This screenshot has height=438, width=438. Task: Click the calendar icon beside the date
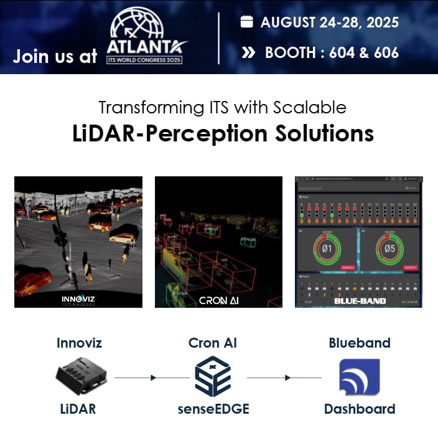point(247,22)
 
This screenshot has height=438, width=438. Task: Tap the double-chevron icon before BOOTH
point(248,52)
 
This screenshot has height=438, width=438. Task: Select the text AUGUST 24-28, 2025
point(330,22)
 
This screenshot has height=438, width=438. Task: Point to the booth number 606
point(385,52)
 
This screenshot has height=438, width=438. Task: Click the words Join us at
point(55,56)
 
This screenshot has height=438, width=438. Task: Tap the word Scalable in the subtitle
point(309,107)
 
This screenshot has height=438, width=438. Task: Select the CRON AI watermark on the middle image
point(220,300)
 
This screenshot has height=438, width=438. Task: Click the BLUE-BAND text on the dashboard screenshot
point(360,301)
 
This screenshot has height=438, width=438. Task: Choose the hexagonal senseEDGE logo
point(213,376)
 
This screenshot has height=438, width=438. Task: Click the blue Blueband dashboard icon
point(359,377)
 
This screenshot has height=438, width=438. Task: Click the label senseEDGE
point(213,409)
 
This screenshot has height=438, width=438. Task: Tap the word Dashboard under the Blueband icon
point(359,409)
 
